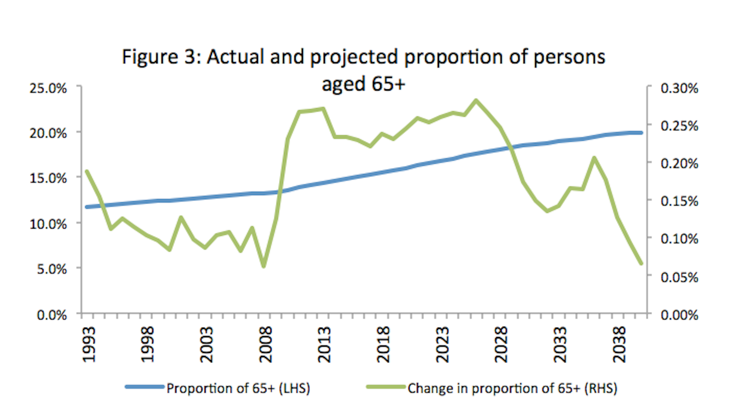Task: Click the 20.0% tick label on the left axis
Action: (x=48, y=133)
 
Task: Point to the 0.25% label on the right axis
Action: (x=679, y=126)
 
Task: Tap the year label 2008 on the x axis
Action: (x=265, y=345)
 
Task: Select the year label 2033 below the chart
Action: (x=560, y=345)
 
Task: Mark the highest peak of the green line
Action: (x=476, y=100)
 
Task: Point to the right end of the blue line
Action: (x=641, y=133)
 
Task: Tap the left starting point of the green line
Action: (x=87, y=171)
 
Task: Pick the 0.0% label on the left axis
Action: (x=52, y=315)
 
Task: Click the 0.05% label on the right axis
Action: (x=679, y=277)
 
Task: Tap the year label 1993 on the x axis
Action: (x=89, y=345)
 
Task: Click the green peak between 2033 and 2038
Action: (x=594, y=158)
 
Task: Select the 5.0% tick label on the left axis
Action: (x=52, y=269)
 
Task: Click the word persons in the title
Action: (x=569, y=57)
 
